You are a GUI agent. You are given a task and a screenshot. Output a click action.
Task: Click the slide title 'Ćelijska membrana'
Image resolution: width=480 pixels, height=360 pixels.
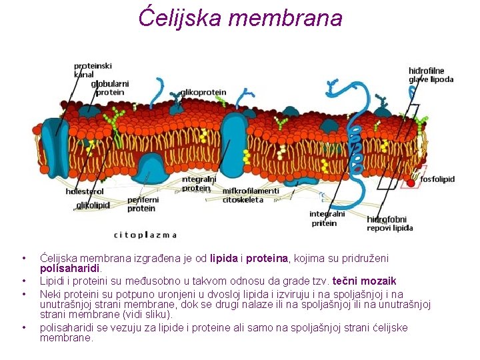pyautogui.click(x=240, y=17)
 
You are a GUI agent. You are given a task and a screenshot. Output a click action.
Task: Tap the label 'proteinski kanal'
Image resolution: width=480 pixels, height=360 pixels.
pyautogui.click(x=92, y=69)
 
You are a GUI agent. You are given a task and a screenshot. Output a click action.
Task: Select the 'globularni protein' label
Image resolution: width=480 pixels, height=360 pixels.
pyautogui.click(x=110, y=88)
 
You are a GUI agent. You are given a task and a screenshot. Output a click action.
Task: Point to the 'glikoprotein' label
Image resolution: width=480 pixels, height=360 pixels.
pyautogui.click(x=203, y=92)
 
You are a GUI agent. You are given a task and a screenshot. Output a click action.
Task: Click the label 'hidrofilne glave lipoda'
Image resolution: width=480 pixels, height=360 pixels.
pyautogui.click(x=431, y=75)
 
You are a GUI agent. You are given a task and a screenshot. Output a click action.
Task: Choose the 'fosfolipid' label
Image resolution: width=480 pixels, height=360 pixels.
pyautogui.click(x=437, y=179)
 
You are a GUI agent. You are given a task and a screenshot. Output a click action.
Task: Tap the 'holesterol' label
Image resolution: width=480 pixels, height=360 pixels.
pyautogui.click(x=84, y=191)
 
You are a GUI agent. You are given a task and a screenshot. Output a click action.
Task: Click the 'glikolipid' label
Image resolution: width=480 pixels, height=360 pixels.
pyautogui.click(x=93, y=205)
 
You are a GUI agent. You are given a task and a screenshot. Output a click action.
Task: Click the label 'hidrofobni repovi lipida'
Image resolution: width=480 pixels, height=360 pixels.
pyautogui.click(x=389, y=223)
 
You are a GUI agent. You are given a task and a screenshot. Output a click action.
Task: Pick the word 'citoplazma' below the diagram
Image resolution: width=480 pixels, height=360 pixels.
pyautogui.click(x=145, y=235)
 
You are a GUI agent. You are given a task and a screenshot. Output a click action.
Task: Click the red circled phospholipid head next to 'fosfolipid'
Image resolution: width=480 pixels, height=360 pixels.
pyautogui.click(x=411, y=181)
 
